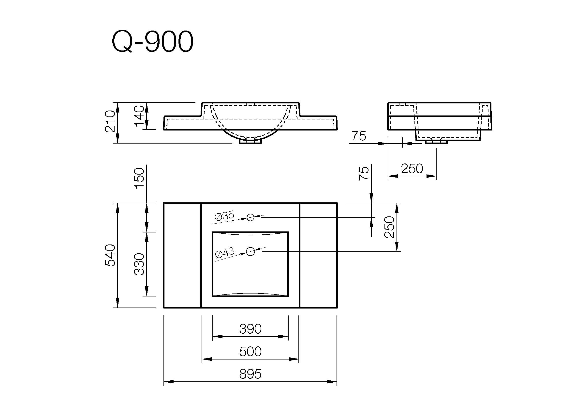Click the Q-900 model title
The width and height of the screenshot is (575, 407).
point(152,41)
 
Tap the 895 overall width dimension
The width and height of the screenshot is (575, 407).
point(250,374)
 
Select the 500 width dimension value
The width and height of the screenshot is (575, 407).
point(250,352)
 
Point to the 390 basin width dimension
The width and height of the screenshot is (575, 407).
point(250,329)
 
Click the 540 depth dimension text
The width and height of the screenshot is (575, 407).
point(110,255)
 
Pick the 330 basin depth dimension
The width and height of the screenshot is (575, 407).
point(139,264)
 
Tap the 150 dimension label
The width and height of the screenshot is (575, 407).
point(139,178)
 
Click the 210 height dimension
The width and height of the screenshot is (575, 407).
point(110,121)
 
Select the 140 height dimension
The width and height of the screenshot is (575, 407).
point(139,116)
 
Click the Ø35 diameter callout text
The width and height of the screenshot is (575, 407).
point(224,216)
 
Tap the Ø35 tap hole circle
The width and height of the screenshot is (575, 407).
point(250,217)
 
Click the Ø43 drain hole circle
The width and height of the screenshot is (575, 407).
point(251,251)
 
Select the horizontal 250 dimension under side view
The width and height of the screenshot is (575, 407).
point(412,168)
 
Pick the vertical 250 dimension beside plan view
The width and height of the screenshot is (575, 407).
point(389,227)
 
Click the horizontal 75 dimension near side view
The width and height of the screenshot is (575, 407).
point(359,136)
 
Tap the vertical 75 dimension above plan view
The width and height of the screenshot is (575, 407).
point(364,173)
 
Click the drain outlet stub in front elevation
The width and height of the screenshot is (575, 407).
point(251,141)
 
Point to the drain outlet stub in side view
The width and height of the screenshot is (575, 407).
point(436,142)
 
